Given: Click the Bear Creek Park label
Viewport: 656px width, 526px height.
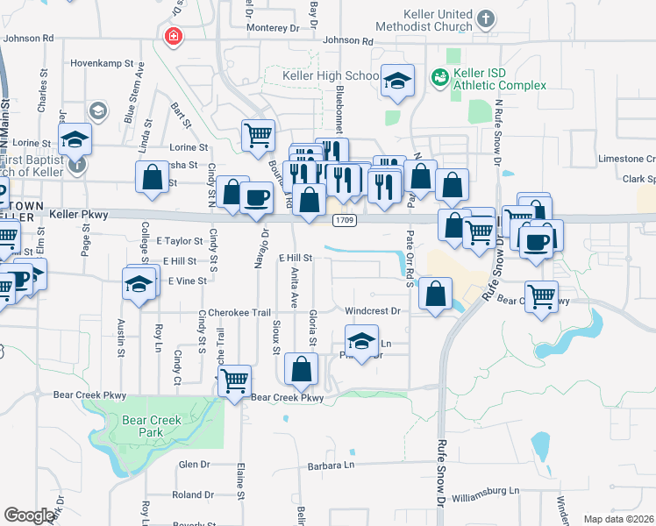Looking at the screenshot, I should (x=152, y=426).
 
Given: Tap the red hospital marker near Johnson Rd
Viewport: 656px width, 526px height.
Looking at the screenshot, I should (x=173, y=36).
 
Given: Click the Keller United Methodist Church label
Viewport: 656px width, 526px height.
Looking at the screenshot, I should (x=439, y=21).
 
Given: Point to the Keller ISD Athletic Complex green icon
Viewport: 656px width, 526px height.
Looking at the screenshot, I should (x=439, y=79).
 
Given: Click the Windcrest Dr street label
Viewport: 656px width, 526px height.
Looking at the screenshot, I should (x=372, y=311).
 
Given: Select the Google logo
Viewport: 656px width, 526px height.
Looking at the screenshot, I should (x=29, y=515).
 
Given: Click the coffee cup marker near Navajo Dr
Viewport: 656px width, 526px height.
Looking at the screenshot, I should (x=256, y=197).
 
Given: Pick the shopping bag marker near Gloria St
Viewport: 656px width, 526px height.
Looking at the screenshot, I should (x=302, y=370).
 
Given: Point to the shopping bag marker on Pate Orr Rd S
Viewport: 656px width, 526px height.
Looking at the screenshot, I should (x=436, y=294).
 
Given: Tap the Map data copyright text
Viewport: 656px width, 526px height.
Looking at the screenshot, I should (x=618, y=519).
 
